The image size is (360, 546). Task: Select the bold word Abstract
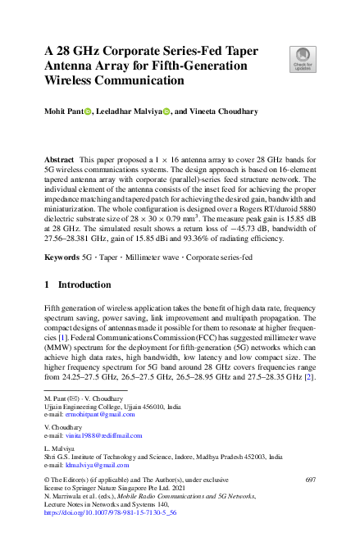(x=58, y=156)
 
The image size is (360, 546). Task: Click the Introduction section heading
(x=80, y=284)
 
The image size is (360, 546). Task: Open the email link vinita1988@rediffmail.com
(x=94, y=435)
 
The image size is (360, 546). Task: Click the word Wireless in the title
(x=71, y=81)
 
